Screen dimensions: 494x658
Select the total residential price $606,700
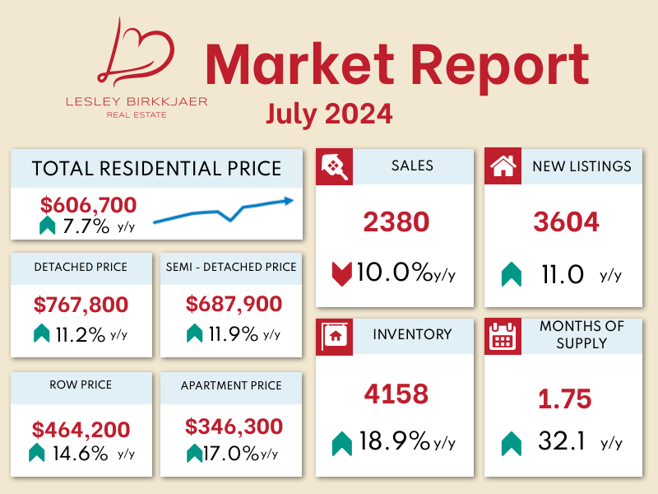88,205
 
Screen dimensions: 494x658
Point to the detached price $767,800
81,305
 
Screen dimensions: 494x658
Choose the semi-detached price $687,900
234,305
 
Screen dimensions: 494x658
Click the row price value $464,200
81,429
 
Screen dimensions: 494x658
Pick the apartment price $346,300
234,427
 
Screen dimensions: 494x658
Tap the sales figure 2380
396,221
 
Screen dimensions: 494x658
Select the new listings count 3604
565,221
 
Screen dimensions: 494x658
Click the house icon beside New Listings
502,166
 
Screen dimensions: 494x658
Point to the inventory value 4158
396,394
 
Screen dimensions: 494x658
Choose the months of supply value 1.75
564,399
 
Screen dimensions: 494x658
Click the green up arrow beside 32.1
511,444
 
